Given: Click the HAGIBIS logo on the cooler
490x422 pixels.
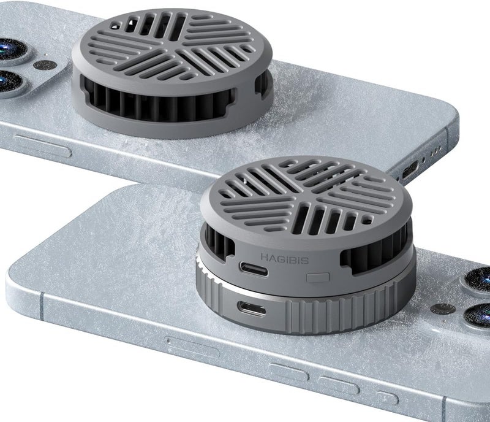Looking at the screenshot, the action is [x=285, y=259].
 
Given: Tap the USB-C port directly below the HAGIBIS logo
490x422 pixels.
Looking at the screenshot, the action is [x=254, y=269].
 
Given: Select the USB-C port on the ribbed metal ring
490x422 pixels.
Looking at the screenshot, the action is [x=252, y=309].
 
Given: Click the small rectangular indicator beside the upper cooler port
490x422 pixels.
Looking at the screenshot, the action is [x=318, y=277].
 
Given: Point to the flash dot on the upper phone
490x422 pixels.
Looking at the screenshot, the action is [x=45, y=66].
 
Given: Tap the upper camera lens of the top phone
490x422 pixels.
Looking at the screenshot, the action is [x=9, y=50].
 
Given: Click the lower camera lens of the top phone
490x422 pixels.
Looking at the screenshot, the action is [x=7, y=82].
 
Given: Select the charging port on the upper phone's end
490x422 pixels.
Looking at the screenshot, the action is [x=409, y=169].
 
